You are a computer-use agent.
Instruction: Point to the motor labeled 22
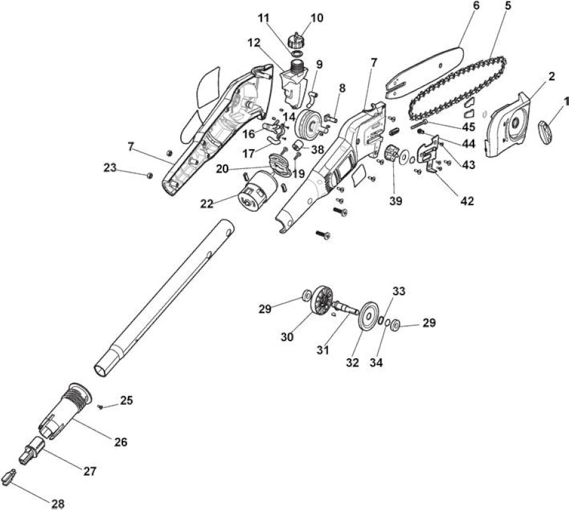[x=257, y=190]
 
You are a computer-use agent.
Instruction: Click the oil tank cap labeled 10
[x=297, y=40]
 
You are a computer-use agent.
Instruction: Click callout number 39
[x=396, y=201]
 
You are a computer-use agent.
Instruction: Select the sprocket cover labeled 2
[x=508, y=124]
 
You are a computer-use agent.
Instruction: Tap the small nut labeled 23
[x=149, y=176]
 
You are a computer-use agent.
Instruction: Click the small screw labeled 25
[x=101, y=407]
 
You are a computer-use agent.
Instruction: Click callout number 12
[x=254, y=43]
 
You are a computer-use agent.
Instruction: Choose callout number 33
[x=399, y=291]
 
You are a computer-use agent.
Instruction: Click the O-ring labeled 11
[x=297, y=54]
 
